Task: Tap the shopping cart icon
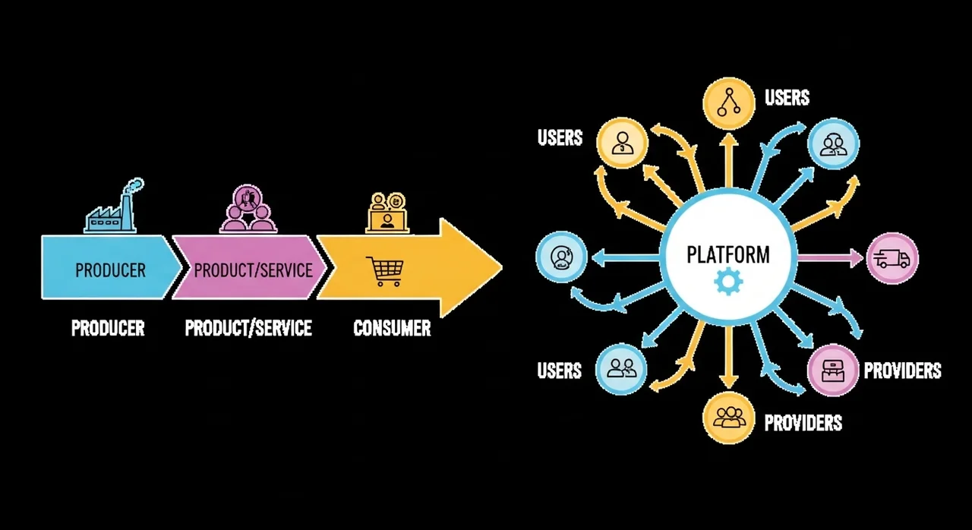(x=384, y=271)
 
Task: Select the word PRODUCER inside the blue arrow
(x=110, y=270)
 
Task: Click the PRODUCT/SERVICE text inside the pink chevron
(x=253, y=270)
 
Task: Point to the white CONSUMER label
(x=392, y=329)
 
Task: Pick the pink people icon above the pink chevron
(x=248, y=208)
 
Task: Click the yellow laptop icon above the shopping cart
(x=387, y=212)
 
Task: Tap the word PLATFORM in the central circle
(x=727, y=254)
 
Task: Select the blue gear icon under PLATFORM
(x=728, y=282)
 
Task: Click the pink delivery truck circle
(x=892, y=258)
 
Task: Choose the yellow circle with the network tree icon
(x=727, y=103)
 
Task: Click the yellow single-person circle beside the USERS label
(x=623, y=142)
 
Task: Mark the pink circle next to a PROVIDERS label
(x=833, y=371)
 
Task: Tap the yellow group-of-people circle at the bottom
(x=728, y=417)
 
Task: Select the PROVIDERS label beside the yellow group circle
(x=803, y=423)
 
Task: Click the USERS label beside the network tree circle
(x=787, y=98)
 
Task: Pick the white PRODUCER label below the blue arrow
(x=108, y=329)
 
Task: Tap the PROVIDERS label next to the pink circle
(x=902, y=371)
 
